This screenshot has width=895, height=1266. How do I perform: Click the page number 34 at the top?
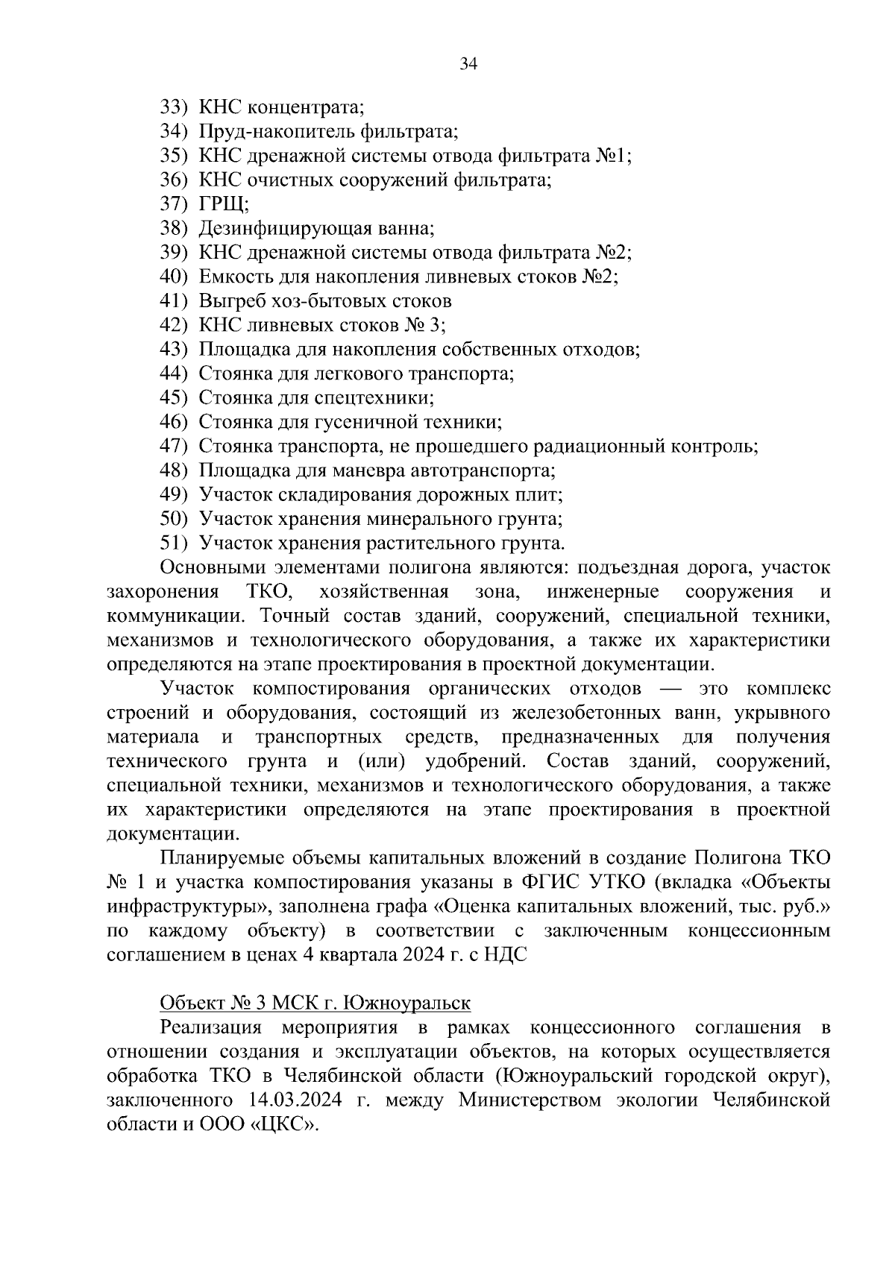tap(468, 63)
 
